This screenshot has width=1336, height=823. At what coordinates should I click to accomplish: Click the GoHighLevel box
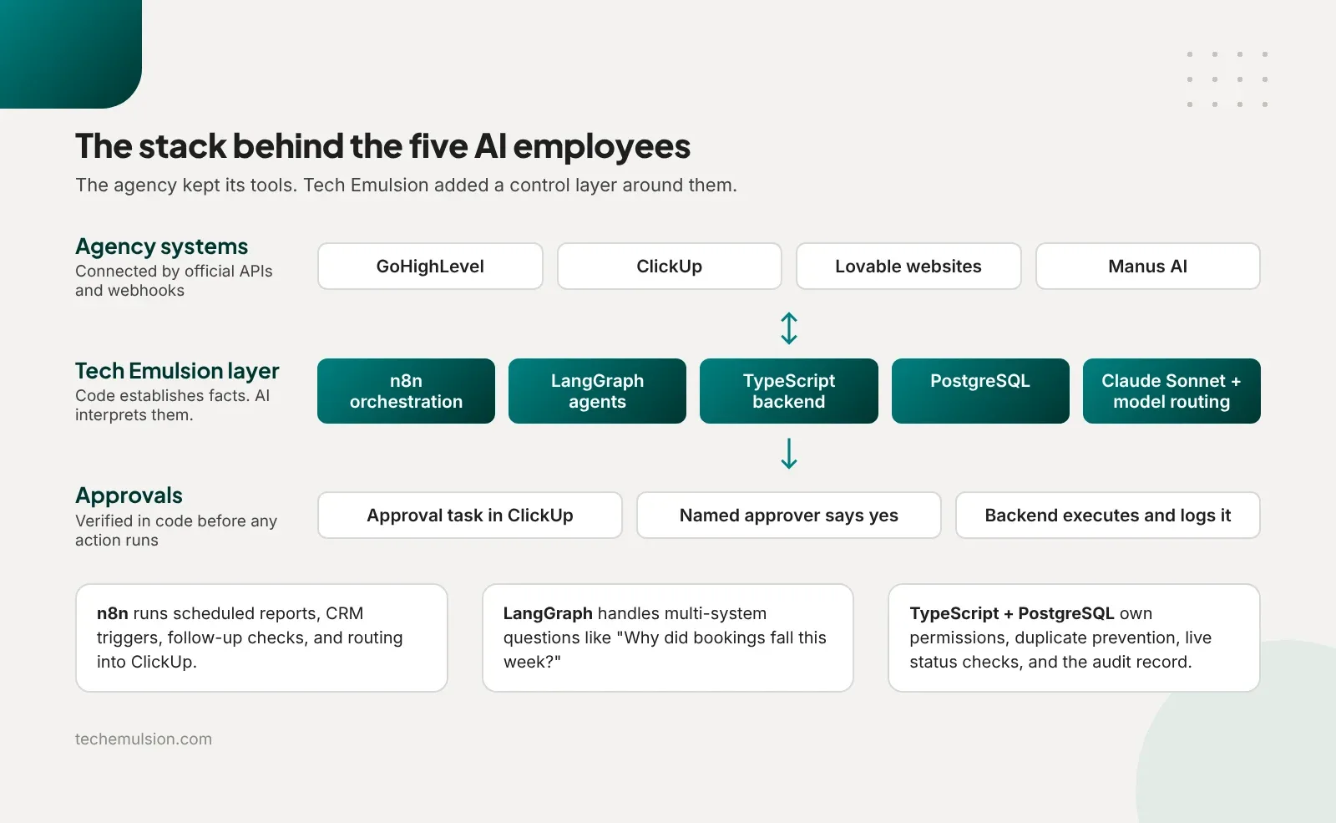[x=430, y=267]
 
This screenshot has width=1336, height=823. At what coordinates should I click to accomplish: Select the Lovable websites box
[x=908, y=267]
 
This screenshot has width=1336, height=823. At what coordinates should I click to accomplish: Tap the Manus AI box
[x=1147, y=267]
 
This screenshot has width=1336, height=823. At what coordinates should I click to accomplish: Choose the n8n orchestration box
[x=406, y=391]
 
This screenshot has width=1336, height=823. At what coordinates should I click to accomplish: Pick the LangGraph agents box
[x=597, y=391]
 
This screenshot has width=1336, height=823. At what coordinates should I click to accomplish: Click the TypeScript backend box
[x=789, y=391]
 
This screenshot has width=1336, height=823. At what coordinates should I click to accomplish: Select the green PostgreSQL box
[x=980, y=391]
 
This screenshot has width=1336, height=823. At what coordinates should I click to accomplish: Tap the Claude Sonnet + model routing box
[x=1172, y=391]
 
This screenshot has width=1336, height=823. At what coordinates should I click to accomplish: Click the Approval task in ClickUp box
[x=470, y=515]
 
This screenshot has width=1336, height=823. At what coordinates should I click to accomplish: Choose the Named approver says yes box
[x=788, y=515]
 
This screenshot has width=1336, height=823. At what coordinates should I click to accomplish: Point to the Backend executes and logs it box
[x=1107, y=515]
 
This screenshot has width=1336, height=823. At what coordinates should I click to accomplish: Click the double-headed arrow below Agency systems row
[x=789, y=328]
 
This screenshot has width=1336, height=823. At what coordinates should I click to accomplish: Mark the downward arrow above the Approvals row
[x=789, y=454]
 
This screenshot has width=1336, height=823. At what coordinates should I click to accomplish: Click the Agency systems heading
[x=162, y=246]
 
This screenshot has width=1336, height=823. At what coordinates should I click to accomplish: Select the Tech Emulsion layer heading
[x=177, y=371]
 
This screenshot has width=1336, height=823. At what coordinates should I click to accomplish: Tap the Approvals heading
[x=129, y=495]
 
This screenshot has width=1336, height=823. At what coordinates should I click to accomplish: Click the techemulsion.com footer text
[x=143, y=739]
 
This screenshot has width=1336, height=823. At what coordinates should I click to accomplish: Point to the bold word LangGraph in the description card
[x=548, y=613]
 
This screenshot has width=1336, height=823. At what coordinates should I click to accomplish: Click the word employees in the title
[x=601, y=146]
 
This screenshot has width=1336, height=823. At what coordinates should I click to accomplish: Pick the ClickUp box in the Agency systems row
[x=669, y=267]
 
